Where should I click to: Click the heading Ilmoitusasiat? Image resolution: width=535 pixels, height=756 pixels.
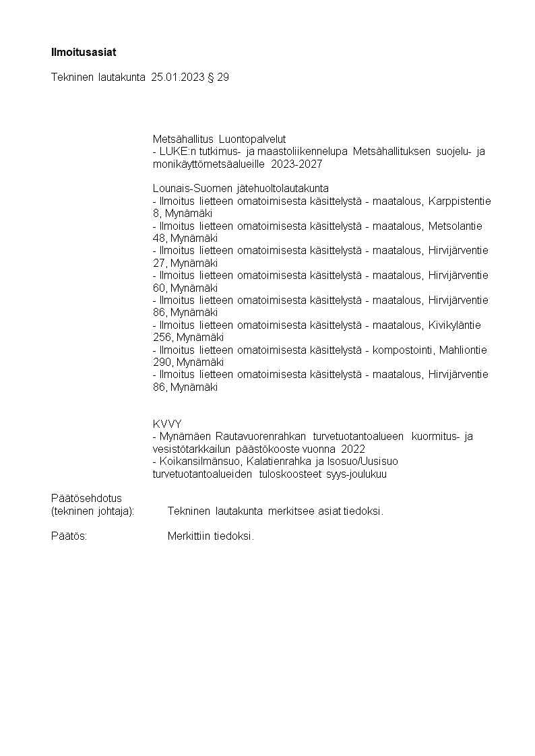point(79,52)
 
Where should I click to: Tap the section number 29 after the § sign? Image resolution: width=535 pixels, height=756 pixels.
point(223,77)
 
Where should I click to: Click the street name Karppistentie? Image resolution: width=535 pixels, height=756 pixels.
point(460,201)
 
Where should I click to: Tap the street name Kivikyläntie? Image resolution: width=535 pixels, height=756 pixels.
point(454,325)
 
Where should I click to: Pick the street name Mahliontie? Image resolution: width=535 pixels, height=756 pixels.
point(463,350)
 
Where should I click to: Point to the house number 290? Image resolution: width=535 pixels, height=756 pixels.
point(162,363)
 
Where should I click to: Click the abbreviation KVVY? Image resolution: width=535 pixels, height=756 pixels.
point(167,424)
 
